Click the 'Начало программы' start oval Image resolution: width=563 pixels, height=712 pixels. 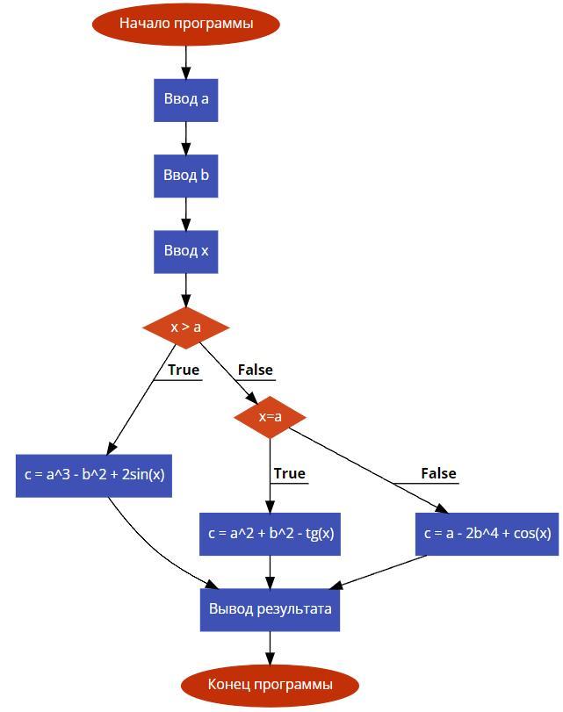[x=185, y=24]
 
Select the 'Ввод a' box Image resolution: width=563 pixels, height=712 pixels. [x=185, y=99]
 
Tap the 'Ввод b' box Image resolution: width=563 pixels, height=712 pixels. [x=185, y=176]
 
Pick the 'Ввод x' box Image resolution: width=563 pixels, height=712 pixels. [x=185, y=251]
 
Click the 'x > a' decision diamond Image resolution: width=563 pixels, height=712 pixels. [x=185, y=327]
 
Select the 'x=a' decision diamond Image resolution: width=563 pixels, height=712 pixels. [x=270, y=417]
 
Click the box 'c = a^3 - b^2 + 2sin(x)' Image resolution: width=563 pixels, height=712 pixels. [x=94, y=475]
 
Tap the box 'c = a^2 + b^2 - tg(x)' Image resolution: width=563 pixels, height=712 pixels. [x=270, y=534]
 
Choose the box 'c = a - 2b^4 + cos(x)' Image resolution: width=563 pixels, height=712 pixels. [x=487, y=534]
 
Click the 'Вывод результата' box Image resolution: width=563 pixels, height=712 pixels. [x=270, y=608]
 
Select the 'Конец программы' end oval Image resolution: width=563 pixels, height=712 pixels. [x=270, y=685]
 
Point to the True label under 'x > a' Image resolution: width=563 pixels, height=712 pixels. [x=183, y=370]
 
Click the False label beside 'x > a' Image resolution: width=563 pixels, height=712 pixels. [x=255, y=370]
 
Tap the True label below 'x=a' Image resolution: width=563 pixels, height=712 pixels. [x=289, y=474]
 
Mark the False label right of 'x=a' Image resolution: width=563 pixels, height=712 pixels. [x=438, y=474]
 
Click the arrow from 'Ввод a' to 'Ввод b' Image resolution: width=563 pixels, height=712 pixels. [x=185, y=138]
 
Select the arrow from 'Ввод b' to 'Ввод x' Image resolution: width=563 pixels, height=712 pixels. [x=185, y=214]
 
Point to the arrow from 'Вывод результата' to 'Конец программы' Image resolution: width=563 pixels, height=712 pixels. [x=270, y=647]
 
